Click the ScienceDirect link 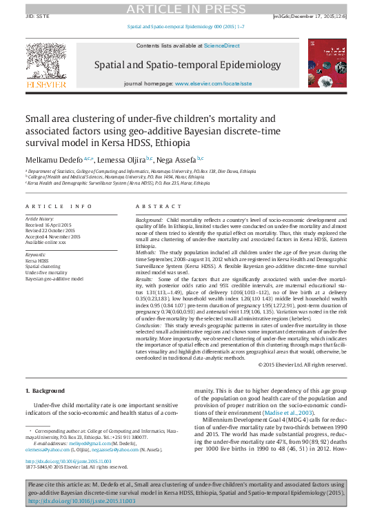[221, 45]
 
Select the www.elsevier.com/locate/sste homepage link [213, 83]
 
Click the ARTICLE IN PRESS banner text [187, 8]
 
